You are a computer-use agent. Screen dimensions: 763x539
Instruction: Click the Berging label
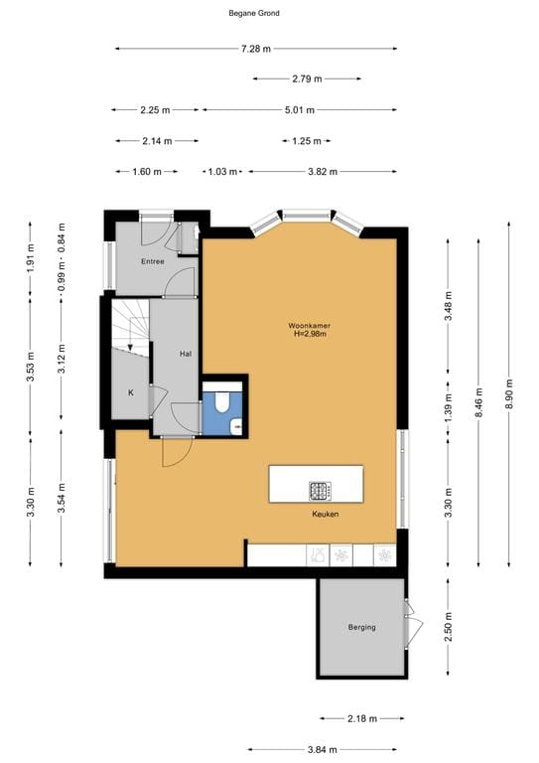(361, 627)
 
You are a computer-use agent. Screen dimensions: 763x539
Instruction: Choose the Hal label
(186, 353)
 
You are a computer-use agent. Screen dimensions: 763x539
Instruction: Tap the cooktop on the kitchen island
(320, 489)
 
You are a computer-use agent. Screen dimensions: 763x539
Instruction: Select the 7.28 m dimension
(255, 49)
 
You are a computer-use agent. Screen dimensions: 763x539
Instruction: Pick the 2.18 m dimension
(361, 717)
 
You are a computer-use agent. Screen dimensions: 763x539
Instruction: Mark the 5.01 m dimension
(299, 110)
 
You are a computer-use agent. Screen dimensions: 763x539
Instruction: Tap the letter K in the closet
(130, 392)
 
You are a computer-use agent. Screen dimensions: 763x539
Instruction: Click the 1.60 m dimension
(146, 172)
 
